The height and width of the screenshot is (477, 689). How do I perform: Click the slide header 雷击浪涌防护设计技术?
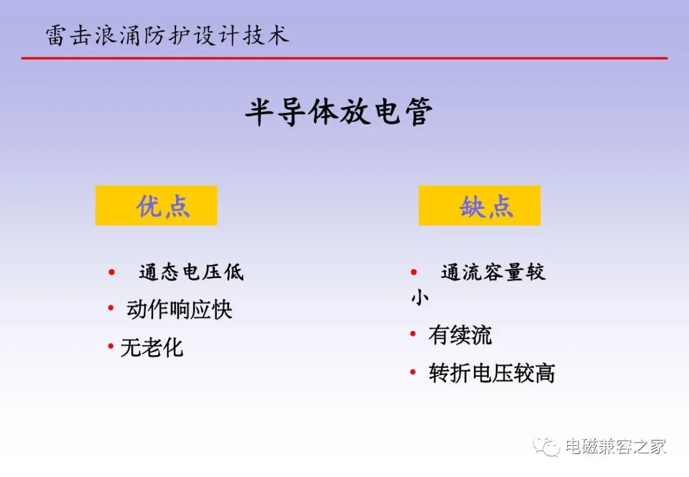(167, 35)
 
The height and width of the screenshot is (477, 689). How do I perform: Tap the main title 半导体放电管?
(339, 112)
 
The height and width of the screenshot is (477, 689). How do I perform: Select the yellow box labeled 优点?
(156, 205)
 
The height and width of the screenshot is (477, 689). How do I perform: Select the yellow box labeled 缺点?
(479, 205)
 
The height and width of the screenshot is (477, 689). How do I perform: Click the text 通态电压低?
(191, 272)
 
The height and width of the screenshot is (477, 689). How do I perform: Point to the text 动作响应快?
(179, 310)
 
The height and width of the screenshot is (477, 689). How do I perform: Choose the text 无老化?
(152, 348)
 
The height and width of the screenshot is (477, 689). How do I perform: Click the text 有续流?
(460, 335)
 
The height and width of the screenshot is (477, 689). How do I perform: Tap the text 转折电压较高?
(492, 373)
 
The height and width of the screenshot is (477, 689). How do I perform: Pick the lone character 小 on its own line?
(420, 297)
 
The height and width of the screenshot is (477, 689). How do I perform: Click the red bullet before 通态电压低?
(112, 272)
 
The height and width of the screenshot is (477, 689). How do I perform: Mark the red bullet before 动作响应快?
(111, 309)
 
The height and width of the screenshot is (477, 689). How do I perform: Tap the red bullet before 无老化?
(111, 346)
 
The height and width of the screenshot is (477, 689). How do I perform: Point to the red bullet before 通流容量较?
(413, 272)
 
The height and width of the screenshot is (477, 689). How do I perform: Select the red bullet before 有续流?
(413, 334)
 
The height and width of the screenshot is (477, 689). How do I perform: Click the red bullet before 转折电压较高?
(413, 372)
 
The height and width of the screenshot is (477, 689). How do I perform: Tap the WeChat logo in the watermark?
(546, 446)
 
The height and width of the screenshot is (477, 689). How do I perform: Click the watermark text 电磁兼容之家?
(616, 446)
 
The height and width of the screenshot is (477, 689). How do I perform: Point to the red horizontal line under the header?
(344, 58)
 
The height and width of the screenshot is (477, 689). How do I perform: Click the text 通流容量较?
(493, 272)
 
